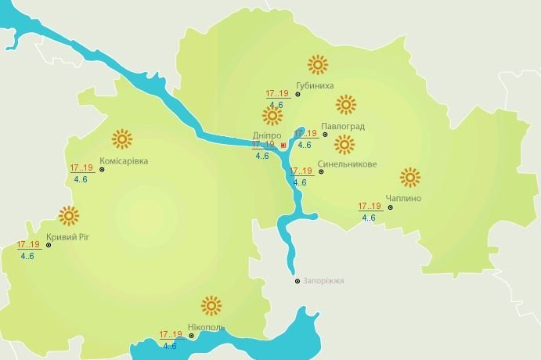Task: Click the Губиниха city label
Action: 315,85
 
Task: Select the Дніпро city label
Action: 265,135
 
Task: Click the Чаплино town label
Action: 403,198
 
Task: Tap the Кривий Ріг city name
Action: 67,237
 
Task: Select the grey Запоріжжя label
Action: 323,281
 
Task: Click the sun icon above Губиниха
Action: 317,64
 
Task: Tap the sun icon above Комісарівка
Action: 121,139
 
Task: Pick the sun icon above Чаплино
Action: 409,177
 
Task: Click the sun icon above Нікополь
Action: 211,305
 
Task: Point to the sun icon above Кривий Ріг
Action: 69,215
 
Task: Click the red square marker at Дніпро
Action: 283,145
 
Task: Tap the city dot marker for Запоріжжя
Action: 297,281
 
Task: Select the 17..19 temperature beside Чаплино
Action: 370,207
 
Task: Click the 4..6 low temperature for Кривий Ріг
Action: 27,256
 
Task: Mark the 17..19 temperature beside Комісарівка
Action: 81,168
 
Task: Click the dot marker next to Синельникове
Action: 321,171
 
